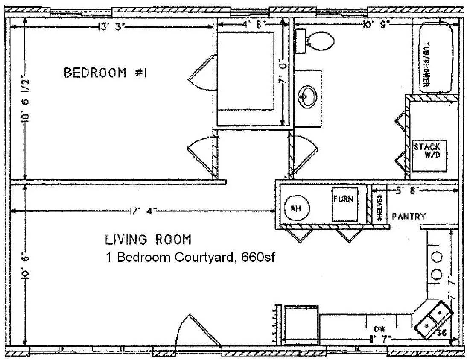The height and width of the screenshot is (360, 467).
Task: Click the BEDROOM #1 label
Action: [105, 73]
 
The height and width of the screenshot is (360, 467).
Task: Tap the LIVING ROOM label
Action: [148, 240]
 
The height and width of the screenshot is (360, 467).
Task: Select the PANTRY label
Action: [409, 217]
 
